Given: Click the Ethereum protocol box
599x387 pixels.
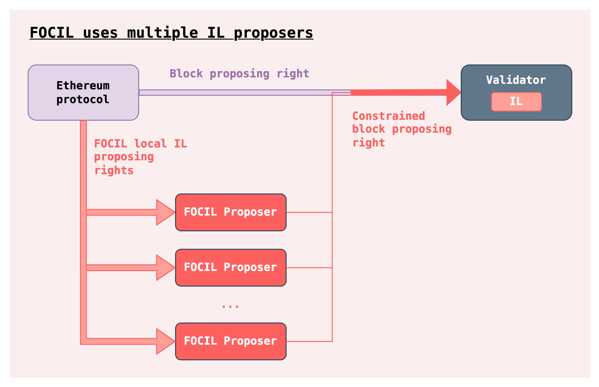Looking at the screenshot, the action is (83, 92).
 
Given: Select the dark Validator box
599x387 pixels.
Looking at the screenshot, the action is (517, 92).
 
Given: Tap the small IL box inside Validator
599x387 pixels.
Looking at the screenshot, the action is (517, 102).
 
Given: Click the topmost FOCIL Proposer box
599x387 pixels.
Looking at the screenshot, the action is (231, 212).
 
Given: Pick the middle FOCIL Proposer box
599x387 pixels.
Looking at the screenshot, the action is (231, 268).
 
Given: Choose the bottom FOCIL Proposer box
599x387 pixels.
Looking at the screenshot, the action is (231, 341).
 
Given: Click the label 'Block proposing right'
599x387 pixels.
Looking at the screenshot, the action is (239, 73).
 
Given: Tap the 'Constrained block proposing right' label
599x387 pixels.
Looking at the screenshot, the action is (402, 129).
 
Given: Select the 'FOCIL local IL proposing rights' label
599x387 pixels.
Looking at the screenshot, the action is (140, 157).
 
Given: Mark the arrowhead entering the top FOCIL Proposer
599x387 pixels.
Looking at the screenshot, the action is (166, 212).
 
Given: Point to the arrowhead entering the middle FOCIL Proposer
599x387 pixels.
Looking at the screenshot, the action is (166, 268).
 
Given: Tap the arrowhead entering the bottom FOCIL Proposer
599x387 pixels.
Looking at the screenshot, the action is (166, 341).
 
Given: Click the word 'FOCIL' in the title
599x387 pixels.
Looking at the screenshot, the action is (52, 32).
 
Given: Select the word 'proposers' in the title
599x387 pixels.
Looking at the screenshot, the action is (273, 33).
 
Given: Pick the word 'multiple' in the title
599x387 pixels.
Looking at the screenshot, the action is (162, 33).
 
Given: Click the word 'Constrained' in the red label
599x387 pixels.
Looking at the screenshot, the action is (389, 116).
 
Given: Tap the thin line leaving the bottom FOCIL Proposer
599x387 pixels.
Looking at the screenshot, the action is (309, 341).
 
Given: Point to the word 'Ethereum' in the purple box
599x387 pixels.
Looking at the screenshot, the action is (83, 86).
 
